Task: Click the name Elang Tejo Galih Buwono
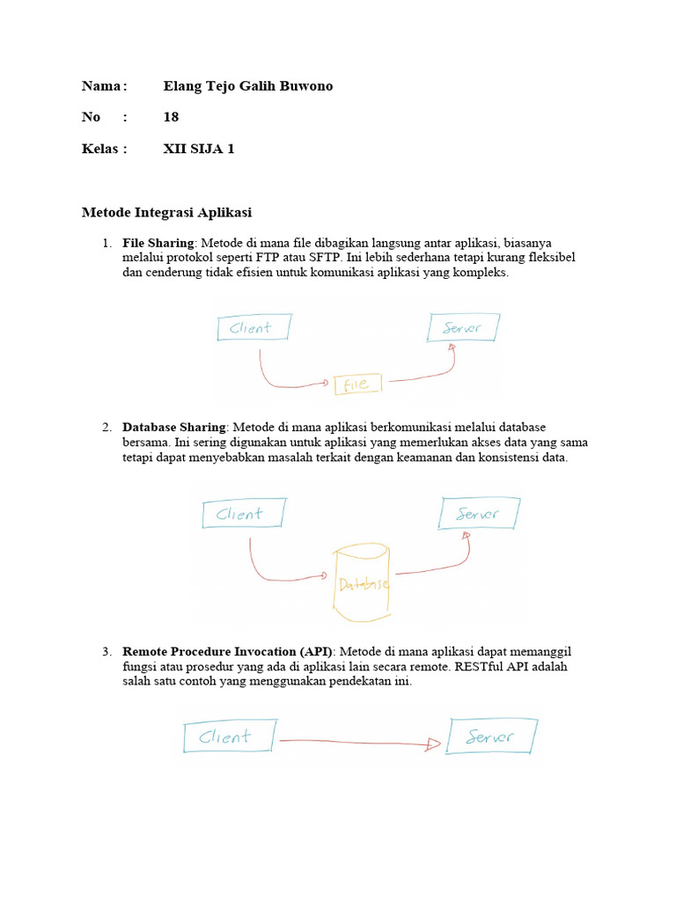point(248,86)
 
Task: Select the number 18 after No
point(171,117)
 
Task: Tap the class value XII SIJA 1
point(199,149)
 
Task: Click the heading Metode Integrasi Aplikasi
point(166,212)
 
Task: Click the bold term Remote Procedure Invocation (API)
point(227,651)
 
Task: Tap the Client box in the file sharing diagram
point(253,328)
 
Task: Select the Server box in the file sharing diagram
point(464,327)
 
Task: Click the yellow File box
point(357,384)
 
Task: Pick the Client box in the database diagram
point(244,514)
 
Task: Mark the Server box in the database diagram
point(479,513)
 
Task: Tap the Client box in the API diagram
point(229,736)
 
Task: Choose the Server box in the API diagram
point(491,736)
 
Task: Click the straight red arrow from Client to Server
point(361,743)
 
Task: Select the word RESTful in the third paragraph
point(474,667)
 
